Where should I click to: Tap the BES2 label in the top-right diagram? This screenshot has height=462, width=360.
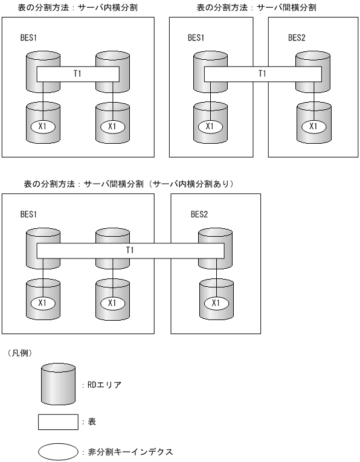tap(297, 37)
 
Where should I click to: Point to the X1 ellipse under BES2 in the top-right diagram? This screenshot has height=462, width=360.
tap(313, 126)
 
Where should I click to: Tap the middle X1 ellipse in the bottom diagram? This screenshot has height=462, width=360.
tap(112, 303)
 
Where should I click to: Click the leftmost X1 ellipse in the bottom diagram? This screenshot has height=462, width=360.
tap(43, 303)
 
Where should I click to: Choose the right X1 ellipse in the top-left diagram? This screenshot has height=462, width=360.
tap(112, 126)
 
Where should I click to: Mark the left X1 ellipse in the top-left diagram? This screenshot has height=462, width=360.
tap(43, 126)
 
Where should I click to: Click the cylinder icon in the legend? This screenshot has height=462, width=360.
tap(58, 384)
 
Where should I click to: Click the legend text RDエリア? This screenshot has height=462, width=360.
tap(103, 385)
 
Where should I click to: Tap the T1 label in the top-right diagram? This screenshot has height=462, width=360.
tap(262, 74)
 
